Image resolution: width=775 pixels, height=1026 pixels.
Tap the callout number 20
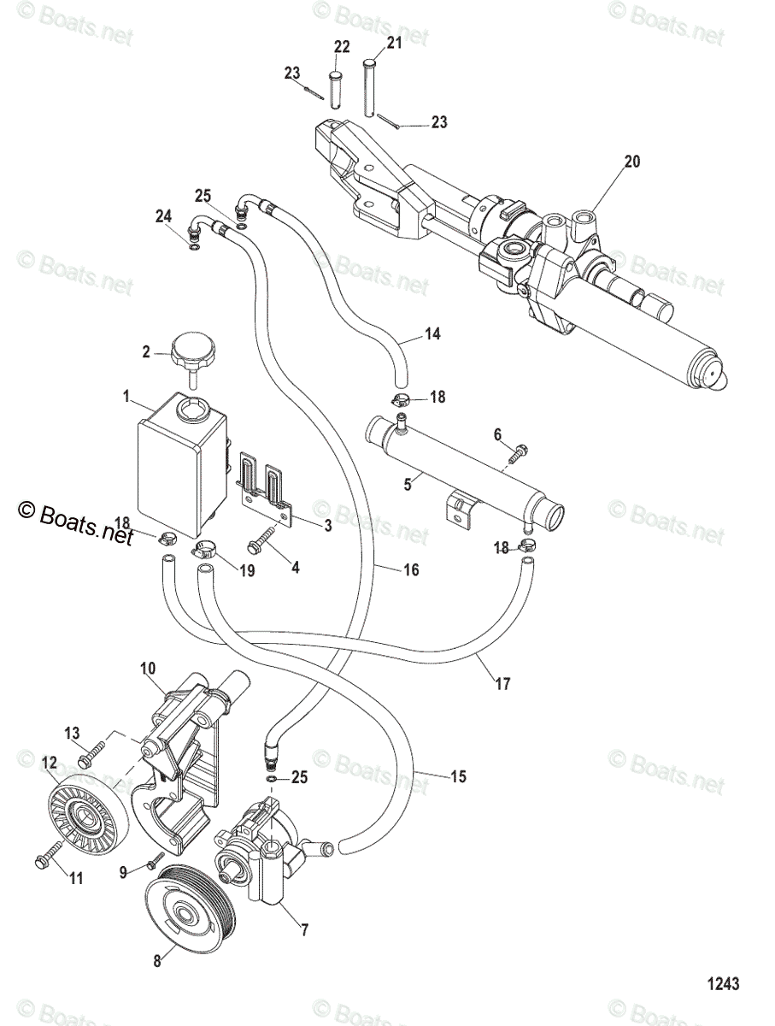(632, 161)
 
